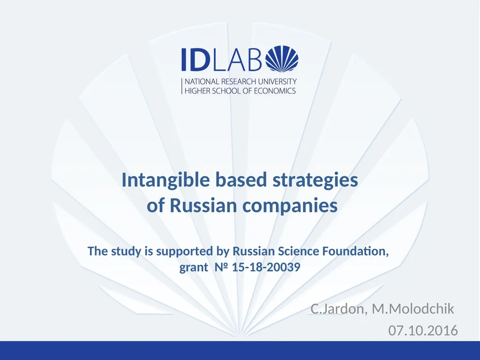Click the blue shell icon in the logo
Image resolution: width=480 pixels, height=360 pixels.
point(282,60)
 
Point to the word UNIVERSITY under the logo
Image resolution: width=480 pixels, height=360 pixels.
point(277,82)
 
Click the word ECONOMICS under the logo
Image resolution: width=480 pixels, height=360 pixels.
point(275,90)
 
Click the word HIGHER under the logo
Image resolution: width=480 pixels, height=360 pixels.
point(198,90)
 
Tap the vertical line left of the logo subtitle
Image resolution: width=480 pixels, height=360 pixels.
point(182,86)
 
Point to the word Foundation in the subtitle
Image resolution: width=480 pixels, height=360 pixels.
point(355,251)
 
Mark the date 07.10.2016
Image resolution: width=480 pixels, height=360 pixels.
point(423,331)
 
